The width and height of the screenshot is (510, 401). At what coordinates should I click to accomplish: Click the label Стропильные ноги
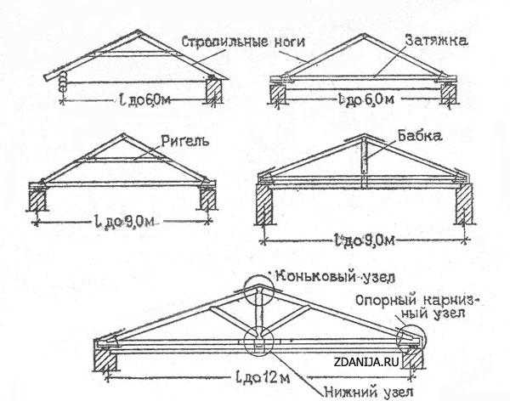tap(243, 42)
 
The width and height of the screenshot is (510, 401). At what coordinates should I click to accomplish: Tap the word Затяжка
tap(437, 42)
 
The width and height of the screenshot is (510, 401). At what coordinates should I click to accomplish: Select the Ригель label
tap(184, 142)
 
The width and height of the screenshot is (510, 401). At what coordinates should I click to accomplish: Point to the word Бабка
tap(420, 136)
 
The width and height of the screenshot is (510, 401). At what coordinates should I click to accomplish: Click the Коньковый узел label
tap(335, 277)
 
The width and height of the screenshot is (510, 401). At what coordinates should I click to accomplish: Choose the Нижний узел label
tap(369, 392)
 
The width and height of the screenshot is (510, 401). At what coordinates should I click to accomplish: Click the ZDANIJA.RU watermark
tap(365, 362)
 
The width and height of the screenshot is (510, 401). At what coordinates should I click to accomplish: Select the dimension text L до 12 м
tap(262, 377)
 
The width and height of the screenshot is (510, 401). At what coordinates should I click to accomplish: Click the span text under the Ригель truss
tap(125, 221)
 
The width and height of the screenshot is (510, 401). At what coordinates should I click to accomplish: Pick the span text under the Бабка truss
tap(365, 240)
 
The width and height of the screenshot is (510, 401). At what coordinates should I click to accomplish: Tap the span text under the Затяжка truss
tap(365, 99)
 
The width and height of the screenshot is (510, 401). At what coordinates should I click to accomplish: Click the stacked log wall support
tap(62, 82)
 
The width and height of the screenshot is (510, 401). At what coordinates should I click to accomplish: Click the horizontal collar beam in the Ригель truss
tap(122, 160)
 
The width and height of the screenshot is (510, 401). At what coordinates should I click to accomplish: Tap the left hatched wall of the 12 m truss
tap(105, 359)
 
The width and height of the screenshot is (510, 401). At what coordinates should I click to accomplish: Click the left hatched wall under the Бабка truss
tap(264, 204)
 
